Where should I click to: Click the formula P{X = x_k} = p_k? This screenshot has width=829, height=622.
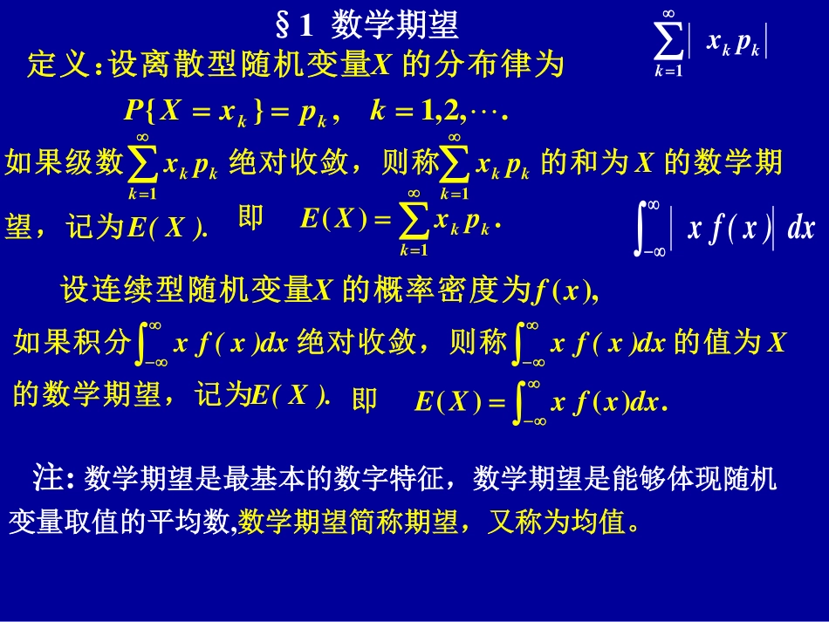(228, 112)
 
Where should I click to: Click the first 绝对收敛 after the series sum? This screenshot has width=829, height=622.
(287, 162)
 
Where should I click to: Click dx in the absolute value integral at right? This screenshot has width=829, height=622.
(800, 229)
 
